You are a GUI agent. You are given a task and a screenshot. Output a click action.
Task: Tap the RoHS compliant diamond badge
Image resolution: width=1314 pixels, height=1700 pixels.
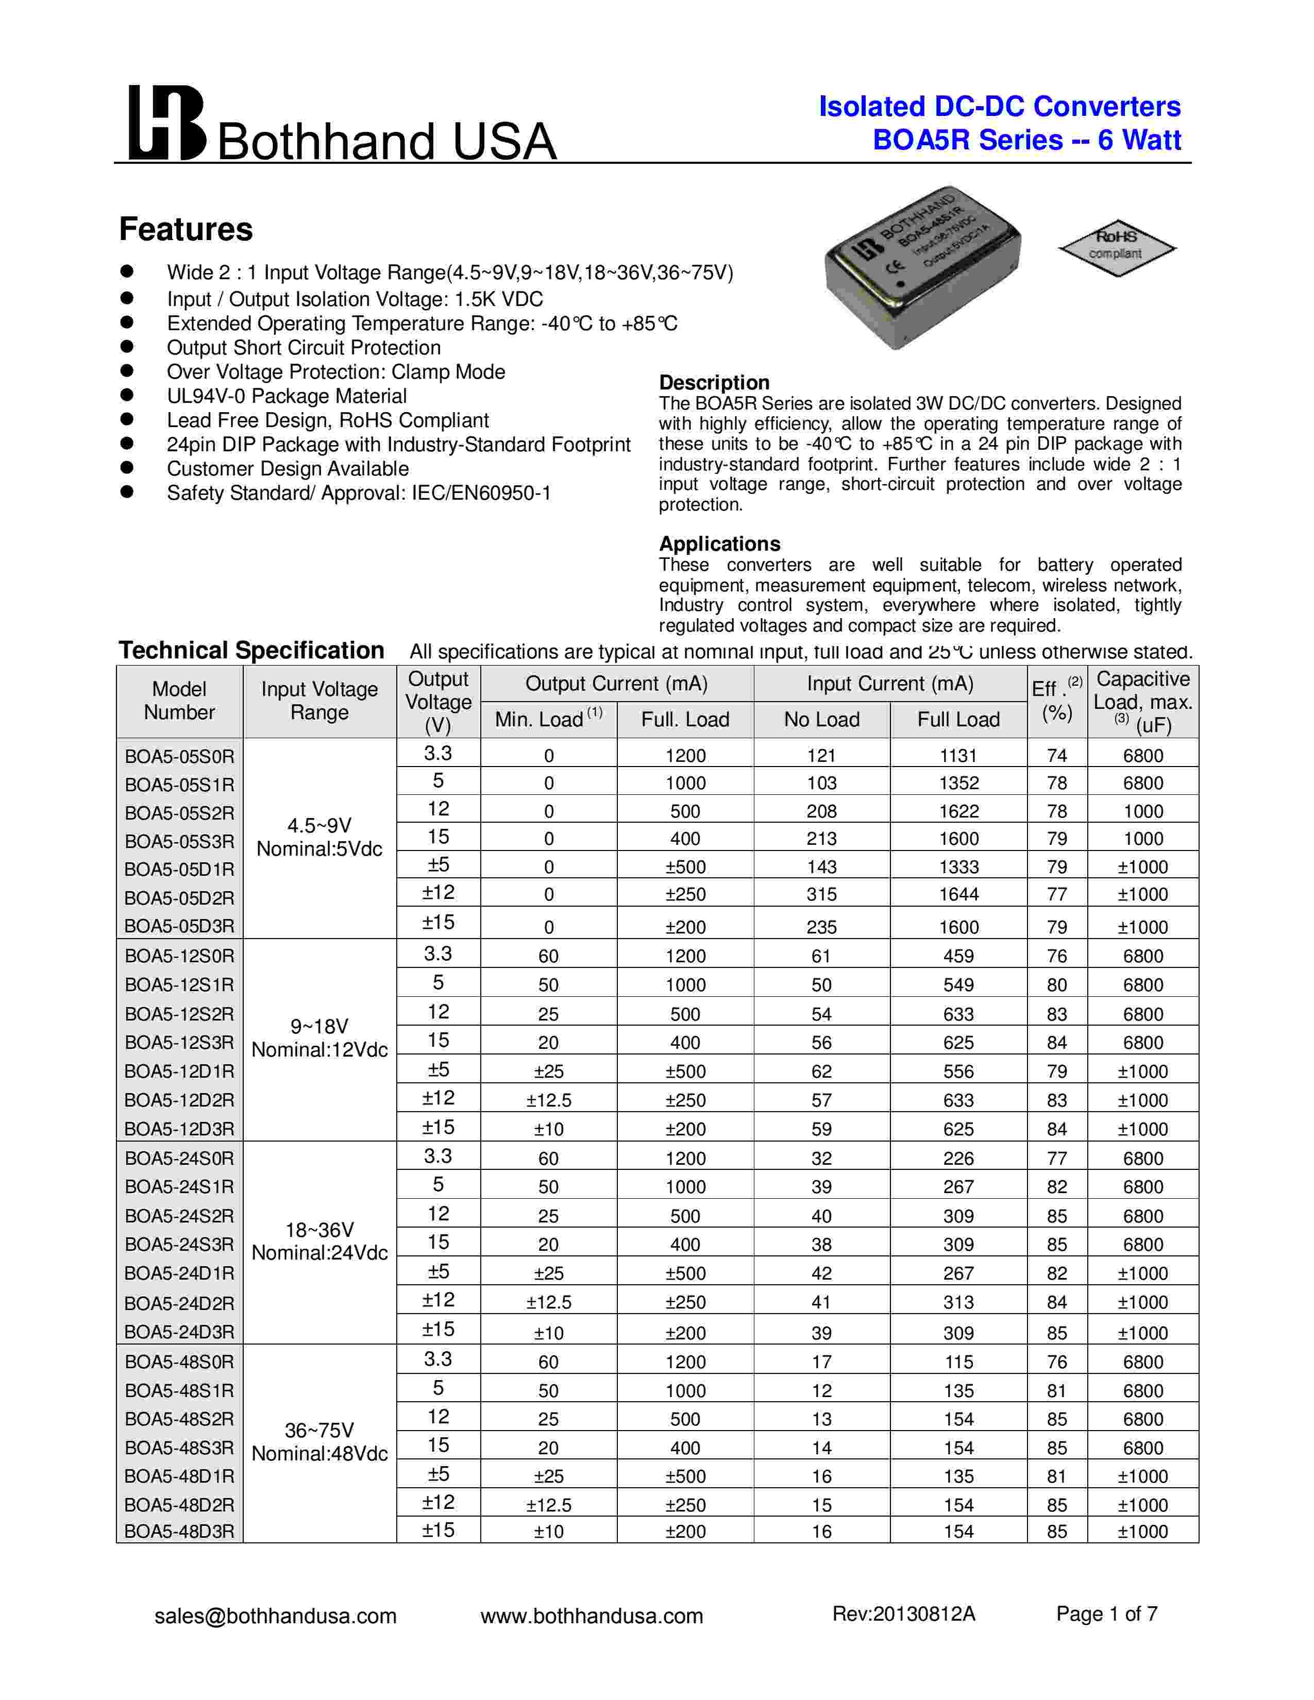[1116, 247]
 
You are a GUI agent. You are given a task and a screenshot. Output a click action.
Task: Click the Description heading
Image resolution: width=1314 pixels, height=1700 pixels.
[714, 382]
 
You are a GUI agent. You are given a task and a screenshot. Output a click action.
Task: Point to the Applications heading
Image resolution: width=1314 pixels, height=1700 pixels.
[719, 543]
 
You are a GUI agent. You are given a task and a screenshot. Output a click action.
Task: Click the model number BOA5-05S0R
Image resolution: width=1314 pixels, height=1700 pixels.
[179, 756]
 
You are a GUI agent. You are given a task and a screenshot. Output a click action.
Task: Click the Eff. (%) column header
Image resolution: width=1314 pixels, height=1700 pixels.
[1056, 701]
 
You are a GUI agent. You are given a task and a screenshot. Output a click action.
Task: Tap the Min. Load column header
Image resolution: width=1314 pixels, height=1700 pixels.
[548, 719]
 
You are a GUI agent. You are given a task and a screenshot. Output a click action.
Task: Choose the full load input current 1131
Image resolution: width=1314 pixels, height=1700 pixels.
[958, 756]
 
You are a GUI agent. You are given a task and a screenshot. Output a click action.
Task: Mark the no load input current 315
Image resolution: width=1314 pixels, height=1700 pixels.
[821, 894]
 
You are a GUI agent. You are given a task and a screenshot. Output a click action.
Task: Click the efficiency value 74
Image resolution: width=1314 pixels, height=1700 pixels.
[1056, 756]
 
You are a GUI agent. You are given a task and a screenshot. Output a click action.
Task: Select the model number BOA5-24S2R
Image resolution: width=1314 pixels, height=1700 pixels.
[179, 1216]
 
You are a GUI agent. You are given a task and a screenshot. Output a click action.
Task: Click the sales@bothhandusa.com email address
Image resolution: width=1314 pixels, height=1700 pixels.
[276, 1616]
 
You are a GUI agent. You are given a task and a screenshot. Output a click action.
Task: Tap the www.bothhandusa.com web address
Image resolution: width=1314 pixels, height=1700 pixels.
[592, 1616]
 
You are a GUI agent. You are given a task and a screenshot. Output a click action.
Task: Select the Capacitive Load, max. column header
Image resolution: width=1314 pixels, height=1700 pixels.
[1143, 701]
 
